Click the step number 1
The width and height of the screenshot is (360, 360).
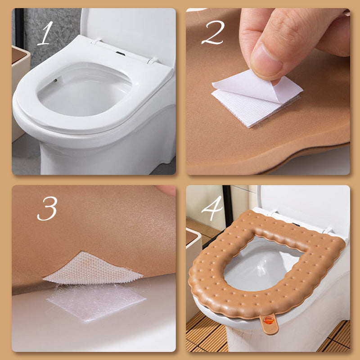(x=46, y=33)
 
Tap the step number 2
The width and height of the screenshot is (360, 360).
(x=212, y=32)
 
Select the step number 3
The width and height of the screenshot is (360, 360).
(x=47, y=208)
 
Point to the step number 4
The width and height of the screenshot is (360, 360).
(x=211, y=208)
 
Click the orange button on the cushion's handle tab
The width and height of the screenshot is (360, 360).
(x=269, y=320)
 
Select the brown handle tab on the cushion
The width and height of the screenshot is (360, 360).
(x=269, y=323)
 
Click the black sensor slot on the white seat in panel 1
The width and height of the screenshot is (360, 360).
(x=120, y=54)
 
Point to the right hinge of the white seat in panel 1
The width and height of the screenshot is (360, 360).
(x=153, y=61)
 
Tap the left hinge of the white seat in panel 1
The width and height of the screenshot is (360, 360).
(x=96, y=41)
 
